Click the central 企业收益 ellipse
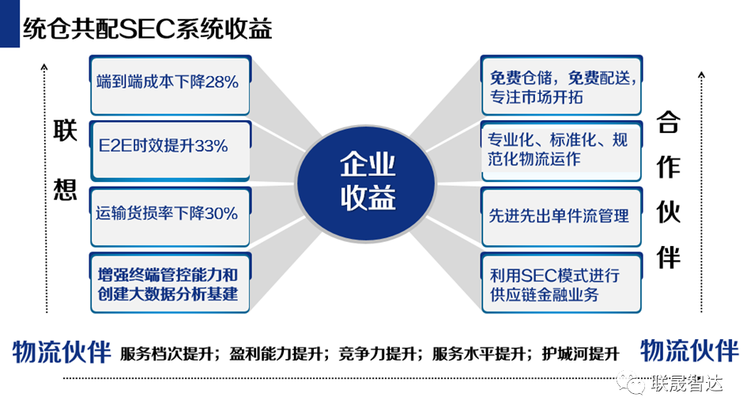tap(368, 180)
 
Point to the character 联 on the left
tap(65, 134)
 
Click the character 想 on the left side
tap(65, 191)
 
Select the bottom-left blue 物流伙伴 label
tap(62, 352)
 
